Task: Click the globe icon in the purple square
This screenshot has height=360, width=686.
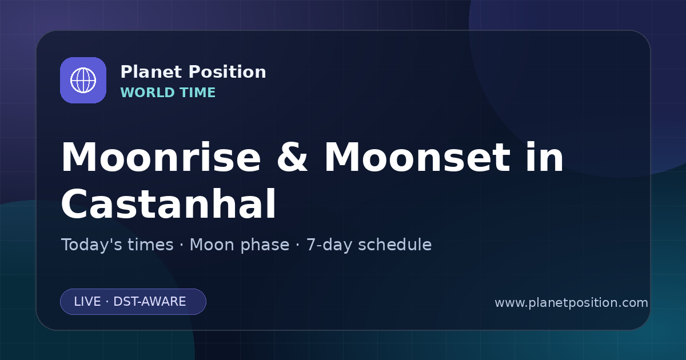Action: point(83,80)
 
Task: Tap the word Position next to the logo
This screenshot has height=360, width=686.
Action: point(228,72)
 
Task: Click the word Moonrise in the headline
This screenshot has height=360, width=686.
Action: point(161,157)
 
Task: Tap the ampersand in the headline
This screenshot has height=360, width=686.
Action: point(292,157)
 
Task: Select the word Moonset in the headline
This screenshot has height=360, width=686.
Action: point(417,157)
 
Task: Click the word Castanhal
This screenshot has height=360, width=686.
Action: point(169,203)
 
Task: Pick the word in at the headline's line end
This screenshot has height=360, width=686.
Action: point(545,157)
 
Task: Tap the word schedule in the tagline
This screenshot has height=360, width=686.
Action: point(395,245)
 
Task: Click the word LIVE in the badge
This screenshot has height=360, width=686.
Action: point(87,302)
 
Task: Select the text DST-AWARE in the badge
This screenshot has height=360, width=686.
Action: point(150,302)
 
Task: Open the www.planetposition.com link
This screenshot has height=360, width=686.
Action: point(572,303)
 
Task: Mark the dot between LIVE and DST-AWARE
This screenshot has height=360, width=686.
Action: point(107,302)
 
